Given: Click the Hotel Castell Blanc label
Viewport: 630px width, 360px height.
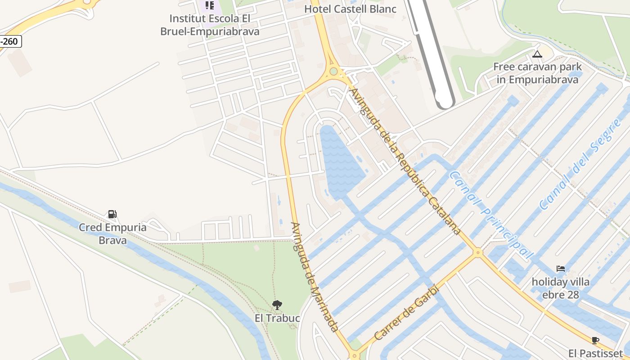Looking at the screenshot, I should click(x=350, y=9).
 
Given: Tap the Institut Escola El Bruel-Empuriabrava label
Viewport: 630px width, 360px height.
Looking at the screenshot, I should click(x=210, y=25).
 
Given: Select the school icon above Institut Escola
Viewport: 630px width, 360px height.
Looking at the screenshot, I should click(x=210, y=5).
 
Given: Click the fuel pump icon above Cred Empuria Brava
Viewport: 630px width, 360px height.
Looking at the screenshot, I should click(x=112, y=214).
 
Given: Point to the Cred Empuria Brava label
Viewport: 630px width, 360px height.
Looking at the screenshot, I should click(x=112, y=234).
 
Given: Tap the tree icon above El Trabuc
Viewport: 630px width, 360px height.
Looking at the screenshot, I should click(x=277, y=305).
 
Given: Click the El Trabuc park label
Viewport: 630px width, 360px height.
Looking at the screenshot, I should click(x=277, y=318).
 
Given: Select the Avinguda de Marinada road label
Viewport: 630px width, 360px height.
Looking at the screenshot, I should click(x=314, y=277).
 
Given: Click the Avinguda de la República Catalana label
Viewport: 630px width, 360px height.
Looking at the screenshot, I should click(x=405, y=161).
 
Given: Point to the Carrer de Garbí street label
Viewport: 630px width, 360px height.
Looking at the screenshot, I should click(x=406, y=312).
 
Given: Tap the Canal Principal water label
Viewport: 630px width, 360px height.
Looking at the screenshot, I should click(x=491, y=215).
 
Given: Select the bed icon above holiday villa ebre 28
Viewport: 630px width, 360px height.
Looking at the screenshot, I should click(x=560, y=269).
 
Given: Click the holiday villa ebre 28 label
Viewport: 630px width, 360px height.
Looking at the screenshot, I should click(x=560, y=288).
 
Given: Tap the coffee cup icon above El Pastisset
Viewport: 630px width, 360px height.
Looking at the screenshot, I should click(x=595, y=340).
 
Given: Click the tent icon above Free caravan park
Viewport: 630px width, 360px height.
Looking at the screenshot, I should click(x=537, y=54).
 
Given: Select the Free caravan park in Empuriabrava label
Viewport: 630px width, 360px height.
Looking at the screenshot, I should click(x=537, y=73).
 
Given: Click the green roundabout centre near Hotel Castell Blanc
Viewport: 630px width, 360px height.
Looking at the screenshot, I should click(x=333, y=71).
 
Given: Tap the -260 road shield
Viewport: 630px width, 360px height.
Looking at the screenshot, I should click(x=9, y=42).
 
